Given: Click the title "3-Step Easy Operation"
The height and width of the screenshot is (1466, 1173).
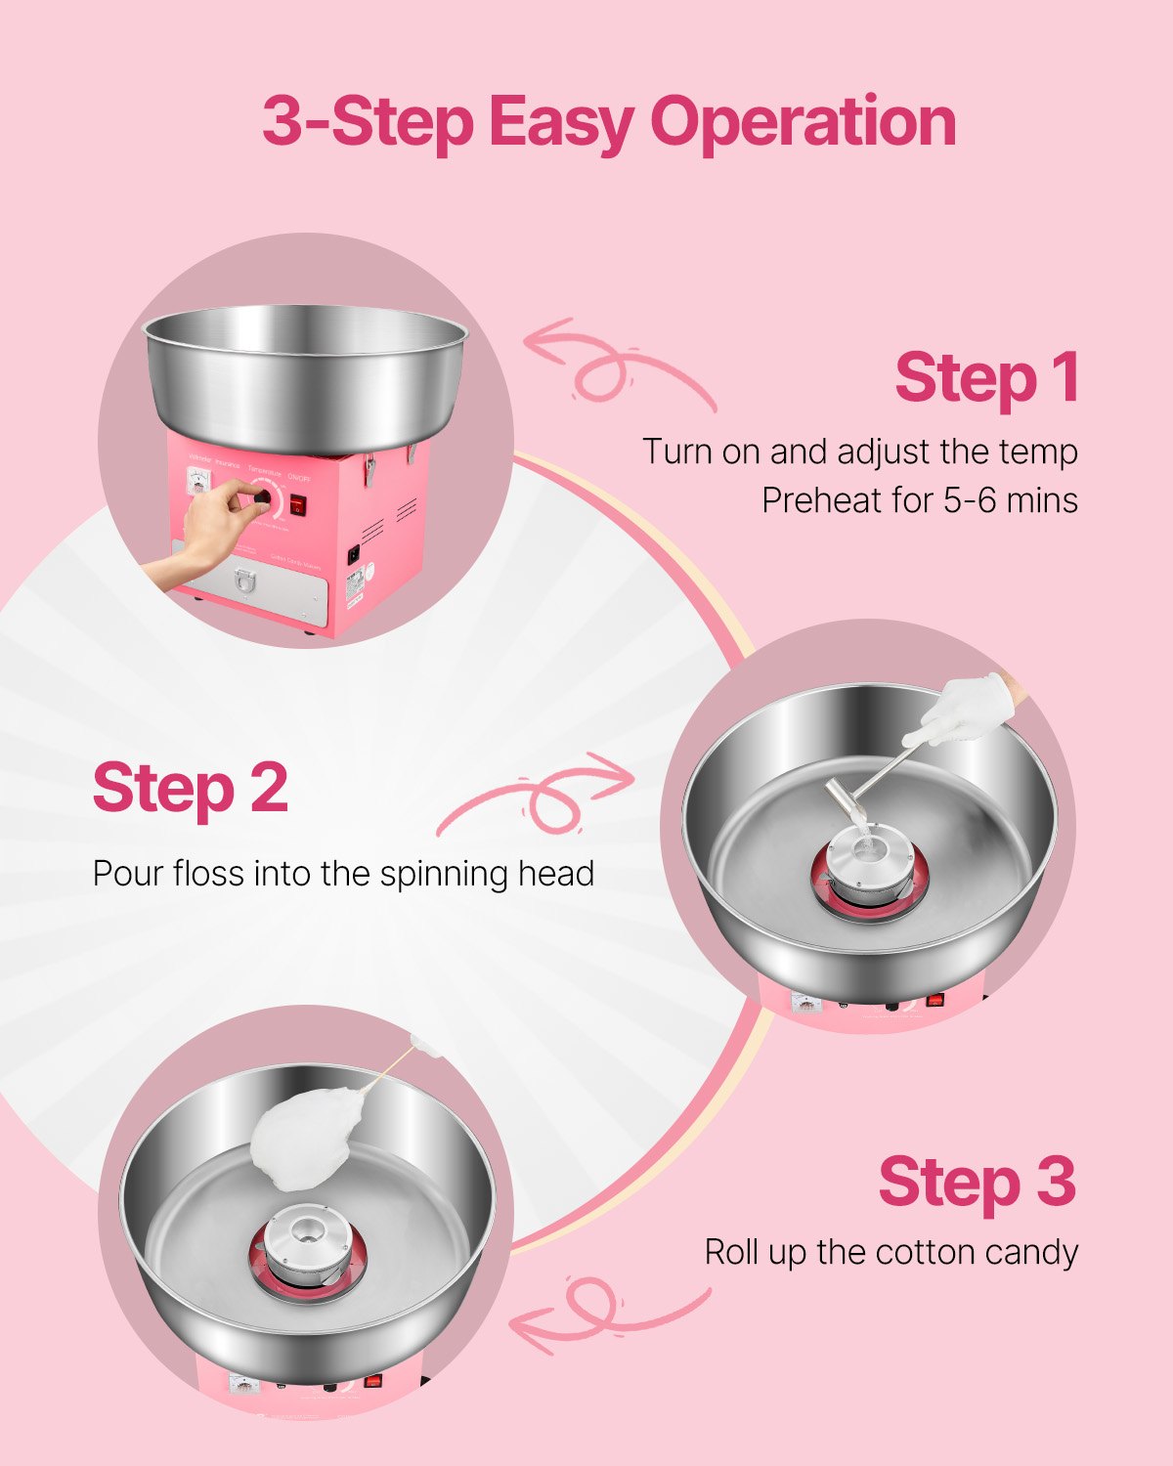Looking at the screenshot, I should tap(608, 122).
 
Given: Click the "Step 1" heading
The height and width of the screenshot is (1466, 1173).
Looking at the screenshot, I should tap(985, 378).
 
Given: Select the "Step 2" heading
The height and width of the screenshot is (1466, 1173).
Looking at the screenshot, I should tap(191, 788).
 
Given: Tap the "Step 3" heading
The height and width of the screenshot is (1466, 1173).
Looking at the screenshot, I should tap(977, 1182).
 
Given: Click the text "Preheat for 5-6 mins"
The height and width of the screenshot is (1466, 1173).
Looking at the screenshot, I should tap(919, 500).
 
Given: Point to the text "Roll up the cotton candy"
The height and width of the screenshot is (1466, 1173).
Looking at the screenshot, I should tap(891, 1252).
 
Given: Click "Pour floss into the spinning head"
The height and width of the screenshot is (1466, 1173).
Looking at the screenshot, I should tap(343, 873).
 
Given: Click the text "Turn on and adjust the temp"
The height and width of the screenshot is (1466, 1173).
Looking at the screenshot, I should tap(859, 452).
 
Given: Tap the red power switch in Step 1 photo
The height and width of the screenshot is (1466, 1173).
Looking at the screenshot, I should tap(297, 504).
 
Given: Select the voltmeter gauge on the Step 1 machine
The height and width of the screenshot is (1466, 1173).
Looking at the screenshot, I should tap(199, 482).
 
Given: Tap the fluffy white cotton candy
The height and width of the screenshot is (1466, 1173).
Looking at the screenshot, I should tap(303, 1139).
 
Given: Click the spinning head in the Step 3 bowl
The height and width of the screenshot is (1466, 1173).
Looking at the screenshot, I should tap(307, 1243).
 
